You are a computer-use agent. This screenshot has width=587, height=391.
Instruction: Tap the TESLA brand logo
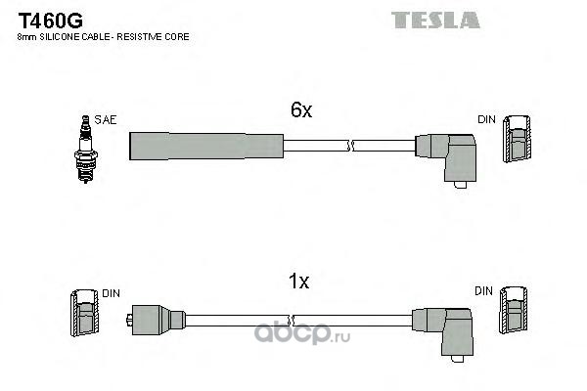[435, 20]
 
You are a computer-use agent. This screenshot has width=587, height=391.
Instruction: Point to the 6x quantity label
[301, 111]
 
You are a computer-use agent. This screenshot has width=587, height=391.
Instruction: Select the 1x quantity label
[299, 282]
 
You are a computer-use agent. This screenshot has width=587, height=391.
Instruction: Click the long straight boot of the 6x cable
[205, 144]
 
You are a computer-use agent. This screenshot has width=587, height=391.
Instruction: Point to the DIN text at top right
[486, 119]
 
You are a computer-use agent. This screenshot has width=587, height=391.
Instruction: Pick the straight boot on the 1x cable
[157, 319]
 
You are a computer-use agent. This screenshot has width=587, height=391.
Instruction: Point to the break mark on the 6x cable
[349, 146]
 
